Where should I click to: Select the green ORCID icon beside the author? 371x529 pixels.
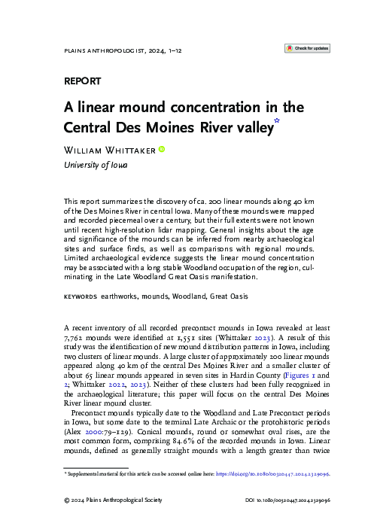tap(160, 150)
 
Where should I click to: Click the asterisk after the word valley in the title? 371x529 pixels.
tap(276, 120)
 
